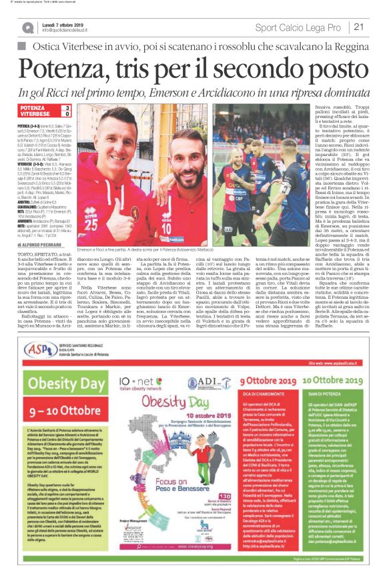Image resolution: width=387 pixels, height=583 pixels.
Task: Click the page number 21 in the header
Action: coord(358,27)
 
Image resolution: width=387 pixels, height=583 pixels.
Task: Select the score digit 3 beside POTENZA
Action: coord(67,107)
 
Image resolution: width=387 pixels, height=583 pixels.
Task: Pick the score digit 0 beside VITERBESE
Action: coord(67,115)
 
